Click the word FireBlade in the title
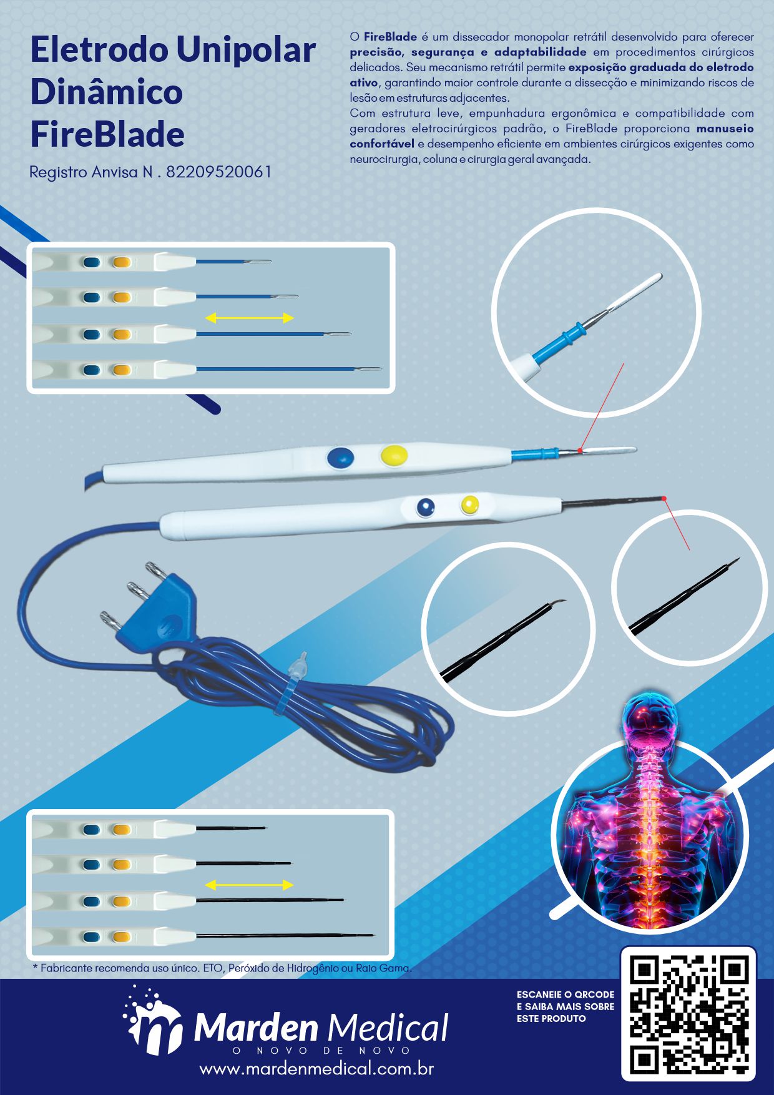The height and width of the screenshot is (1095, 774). pyautogui.click(x=107, y=134)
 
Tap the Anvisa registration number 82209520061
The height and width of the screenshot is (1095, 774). pyautogui.click(x=219, y=172)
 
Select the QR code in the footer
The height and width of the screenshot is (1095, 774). pyautogui.click(x=688, y=1014)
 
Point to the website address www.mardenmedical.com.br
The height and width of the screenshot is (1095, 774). pyautogui.click(x=316, y=1069)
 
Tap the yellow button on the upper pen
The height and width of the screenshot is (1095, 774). pyautogui.click(x=394, y=454)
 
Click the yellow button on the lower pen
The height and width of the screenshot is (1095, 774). pyautogui.click(x=469, y=504)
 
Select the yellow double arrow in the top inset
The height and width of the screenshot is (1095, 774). pyautogui.click(x=250, y=318)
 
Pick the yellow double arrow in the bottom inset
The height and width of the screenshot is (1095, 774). pyautogui.click(x=249, y=885)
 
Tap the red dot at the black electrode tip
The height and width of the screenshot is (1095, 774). pyautogui.click(x=664, y=498)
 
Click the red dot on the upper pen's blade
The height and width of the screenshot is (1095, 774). pyautogui.click(x=580, y=450)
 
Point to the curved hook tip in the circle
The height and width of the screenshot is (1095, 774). pyautogui.click(x=559, y=601)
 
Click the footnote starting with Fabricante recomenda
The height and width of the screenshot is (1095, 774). pyautogui.click(x=222, y=968)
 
